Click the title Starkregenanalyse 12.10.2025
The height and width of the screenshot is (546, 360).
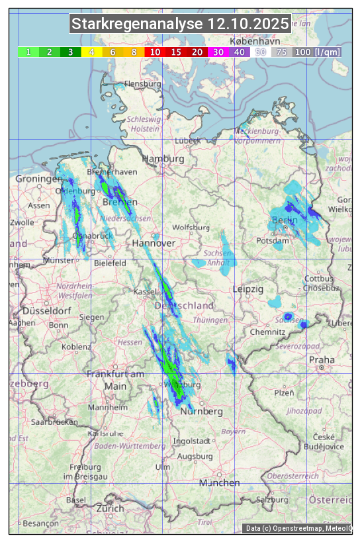pos(180,24)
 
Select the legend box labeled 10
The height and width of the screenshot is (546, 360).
pos(155,52)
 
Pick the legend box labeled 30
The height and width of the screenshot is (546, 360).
pos(218,52)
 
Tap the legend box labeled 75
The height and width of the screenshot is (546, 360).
pos(281,52)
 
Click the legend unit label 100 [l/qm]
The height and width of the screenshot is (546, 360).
pos(318,52)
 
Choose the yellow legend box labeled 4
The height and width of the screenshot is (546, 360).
pos(92,52)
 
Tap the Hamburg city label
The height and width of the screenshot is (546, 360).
pos(163,159)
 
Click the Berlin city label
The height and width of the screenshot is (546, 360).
pos(285,220)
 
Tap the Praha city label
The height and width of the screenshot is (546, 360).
pos(321,360)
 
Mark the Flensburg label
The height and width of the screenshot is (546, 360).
pos(142,85)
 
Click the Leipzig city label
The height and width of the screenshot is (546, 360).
pos(248,290)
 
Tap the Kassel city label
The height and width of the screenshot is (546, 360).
pos(144,292)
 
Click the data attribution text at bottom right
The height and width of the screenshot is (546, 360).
pos(298,528)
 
